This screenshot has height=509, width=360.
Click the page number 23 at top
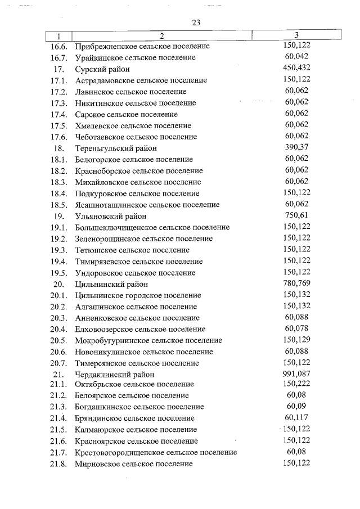196,22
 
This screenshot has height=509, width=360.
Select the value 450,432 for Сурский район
296,69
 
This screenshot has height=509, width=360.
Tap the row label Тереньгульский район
111,148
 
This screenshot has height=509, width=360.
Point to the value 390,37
296,148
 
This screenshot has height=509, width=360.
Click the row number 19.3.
58,250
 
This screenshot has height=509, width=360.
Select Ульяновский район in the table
111,216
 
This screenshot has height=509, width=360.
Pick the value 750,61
296,216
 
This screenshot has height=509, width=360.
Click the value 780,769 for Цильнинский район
296,283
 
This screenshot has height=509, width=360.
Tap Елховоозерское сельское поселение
140,329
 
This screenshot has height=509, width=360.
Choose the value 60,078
296,329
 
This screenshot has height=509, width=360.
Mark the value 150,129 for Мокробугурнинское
296,340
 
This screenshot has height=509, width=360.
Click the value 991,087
296,374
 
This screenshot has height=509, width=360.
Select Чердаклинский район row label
114,374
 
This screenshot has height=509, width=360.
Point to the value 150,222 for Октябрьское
296,384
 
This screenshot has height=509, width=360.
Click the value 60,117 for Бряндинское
296,418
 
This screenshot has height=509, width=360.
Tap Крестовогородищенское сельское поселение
156,452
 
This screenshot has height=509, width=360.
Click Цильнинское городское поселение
138,295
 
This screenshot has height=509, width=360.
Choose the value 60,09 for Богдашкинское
296,407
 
